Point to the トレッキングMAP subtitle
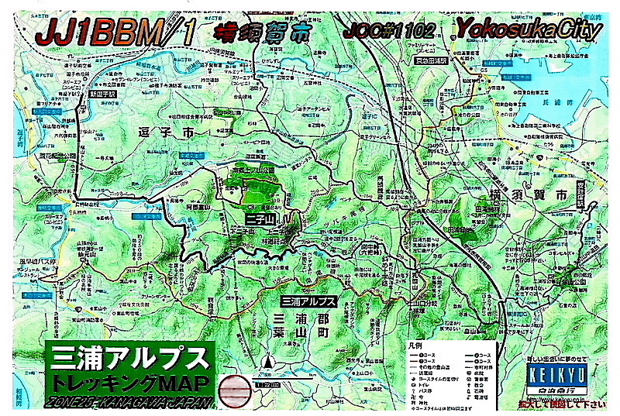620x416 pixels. tap(129, 383)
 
